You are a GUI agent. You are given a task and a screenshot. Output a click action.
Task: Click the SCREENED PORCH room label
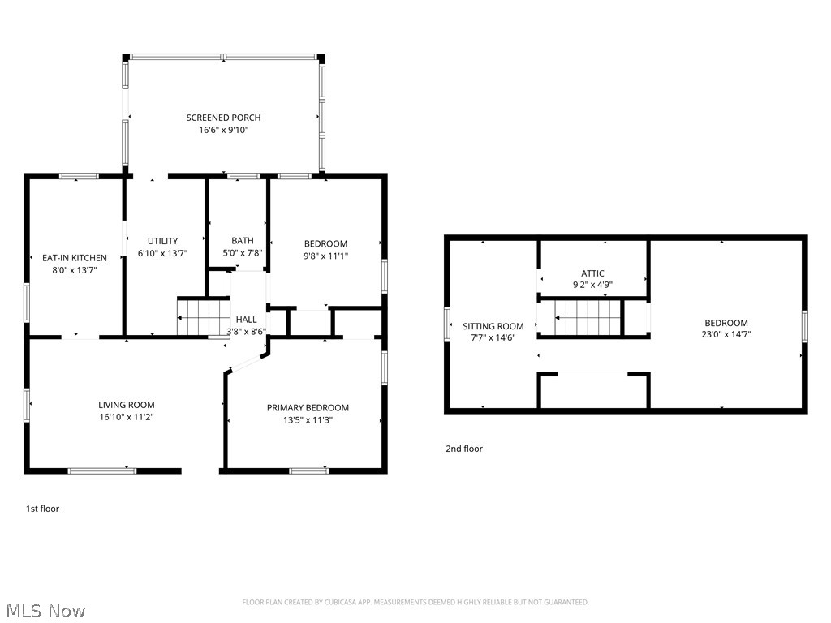click(223, 118)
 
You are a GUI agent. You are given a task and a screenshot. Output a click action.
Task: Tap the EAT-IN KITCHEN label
click(75, 258)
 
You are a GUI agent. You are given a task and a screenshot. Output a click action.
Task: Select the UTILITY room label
click(162, 241)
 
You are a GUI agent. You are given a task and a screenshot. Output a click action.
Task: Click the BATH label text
click(242, 240)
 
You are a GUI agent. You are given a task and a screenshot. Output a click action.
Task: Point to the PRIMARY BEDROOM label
click(308, 408)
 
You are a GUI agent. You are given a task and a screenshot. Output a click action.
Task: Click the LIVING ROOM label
click(127, 405)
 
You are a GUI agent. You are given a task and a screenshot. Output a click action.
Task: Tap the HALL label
click(246, 320)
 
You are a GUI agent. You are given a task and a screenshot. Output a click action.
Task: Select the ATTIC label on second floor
click(592, 273)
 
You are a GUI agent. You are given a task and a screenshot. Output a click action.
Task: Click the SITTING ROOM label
click(493, 326)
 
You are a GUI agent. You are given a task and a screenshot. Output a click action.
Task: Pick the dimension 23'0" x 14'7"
click(726, 333)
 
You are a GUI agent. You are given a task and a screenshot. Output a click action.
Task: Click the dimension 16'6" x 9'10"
click(223, 130)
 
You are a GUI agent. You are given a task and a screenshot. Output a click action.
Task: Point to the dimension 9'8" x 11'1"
click(325, 256)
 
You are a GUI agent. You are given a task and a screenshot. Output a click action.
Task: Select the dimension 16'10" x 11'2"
click(127, 417)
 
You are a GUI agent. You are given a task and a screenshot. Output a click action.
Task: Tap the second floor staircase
click(582, 317)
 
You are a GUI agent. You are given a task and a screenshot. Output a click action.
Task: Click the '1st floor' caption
click(43, 509)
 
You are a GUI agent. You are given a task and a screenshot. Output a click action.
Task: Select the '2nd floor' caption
click(463, 449)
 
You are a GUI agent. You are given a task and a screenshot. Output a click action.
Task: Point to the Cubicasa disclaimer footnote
click(415, 602)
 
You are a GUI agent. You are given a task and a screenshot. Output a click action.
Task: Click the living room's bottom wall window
click(102, 470)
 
